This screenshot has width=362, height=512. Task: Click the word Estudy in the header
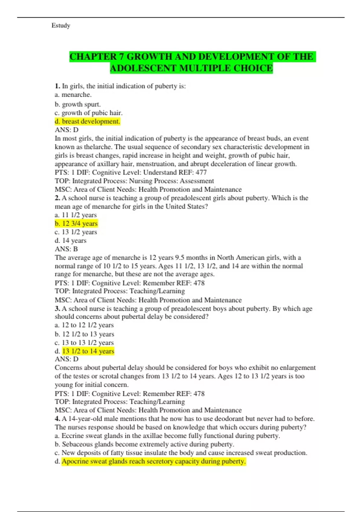pyautogui.click(x=61, y=26)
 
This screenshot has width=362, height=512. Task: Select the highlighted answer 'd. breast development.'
pyautogui.click(x=87, y=121)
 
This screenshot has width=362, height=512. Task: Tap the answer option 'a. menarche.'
pyautogui.click(x=73, y=95)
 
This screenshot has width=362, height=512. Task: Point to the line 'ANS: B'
pyautogui.click(x=66, y=249)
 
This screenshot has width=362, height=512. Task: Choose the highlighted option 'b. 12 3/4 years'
pyautogui.click(x=76, y=223)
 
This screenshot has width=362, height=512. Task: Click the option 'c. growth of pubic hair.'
pyautogui.click(x=89, y=113)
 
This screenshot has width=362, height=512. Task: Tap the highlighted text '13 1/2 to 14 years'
pyautogui.click(x=88, y=351)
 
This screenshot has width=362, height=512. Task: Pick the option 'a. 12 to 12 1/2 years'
pyautogui.click(x=84, y=325)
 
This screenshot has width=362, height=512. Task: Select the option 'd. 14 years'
pyautogui.click(x=71, y=241)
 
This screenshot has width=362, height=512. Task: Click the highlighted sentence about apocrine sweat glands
pyautogui.click(x=154, y=461)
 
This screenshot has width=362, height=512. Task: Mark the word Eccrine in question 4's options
pyautogui.click(x=72, y=436)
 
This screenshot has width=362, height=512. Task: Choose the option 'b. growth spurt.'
pyautogui.click(x=78, y=105)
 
